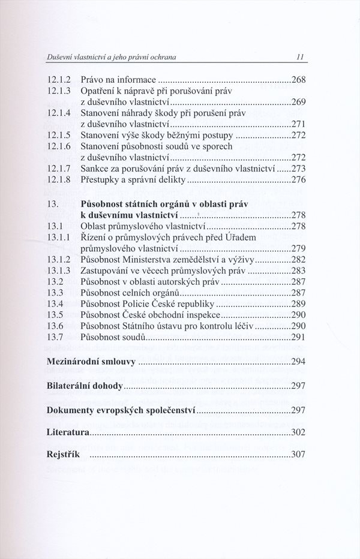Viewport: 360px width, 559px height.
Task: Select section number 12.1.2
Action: pos(59,79)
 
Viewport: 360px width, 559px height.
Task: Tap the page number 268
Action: pos(298,79)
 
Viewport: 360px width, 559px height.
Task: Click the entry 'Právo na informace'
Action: pos(118,79)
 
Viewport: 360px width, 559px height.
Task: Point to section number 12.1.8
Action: pos(59,179)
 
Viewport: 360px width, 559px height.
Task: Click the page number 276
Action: pos(298,179)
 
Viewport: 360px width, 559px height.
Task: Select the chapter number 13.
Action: pos(52,203)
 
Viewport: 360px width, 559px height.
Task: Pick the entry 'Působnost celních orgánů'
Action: pos(130,293)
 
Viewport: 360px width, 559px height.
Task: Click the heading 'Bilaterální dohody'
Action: pos(85,386)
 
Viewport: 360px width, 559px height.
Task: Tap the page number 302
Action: pos(298,432)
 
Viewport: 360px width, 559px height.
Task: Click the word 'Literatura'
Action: pos(68,432)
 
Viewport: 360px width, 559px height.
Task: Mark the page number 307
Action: pos(298,454)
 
